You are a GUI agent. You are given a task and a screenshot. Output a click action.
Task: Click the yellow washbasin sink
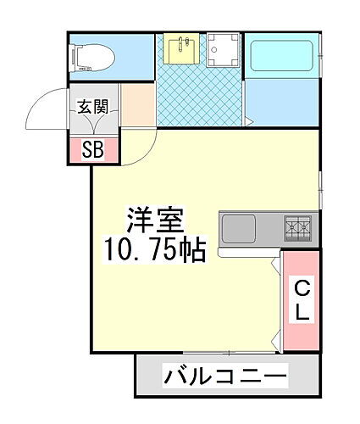pyautogui.click(x=180, y=51)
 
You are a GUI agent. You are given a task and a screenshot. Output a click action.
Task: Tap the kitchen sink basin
pyautogui.click(x=238, y=228)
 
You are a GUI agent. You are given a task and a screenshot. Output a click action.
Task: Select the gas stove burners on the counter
pyautogui.click(x=298, y=227)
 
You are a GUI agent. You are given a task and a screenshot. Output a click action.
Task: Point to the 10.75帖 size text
pyautogui.click(x=154, y=250)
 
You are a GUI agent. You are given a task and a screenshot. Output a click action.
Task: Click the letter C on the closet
pyautogui.click(x=302, y=288)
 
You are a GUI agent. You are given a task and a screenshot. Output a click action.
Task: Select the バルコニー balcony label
pyautogui.click(x=227, y=375)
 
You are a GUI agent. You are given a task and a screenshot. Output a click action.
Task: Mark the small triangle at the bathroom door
pyautogui.click(x=249, y=121)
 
